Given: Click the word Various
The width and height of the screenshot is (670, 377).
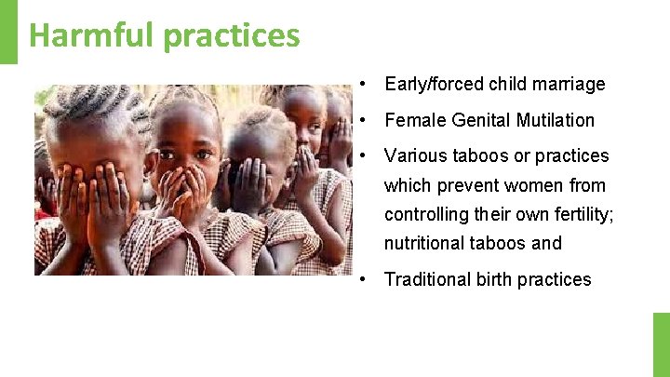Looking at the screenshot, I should coord(416,155).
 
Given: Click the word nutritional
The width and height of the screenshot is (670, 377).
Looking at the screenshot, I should coord(427,243).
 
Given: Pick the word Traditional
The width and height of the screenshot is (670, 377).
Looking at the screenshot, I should coord(428,279).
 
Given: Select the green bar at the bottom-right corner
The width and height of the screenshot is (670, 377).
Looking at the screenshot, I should coord(661,343).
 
